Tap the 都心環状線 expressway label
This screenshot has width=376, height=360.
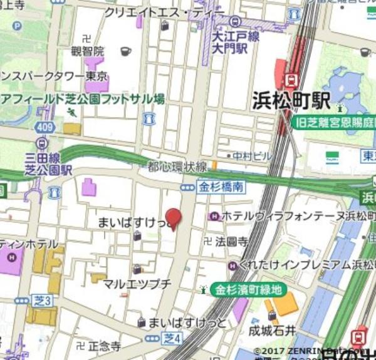tap(177, 167)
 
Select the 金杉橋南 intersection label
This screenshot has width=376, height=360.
tap(221, 187)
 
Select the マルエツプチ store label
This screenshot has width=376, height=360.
tap(137, 284)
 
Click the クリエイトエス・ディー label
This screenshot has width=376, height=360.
tap(164, 12)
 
